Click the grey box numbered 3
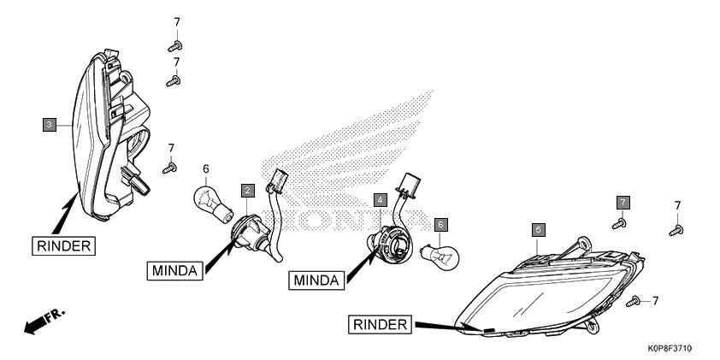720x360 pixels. point(50,125)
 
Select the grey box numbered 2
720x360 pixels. point(247,191)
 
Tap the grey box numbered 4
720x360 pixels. point(381,200)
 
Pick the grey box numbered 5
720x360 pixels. point(539,230)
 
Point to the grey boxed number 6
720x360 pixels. point(441,225)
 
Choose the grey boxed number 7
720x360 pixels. point(623,202)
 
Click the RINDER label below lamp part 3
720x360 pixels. point(64,246)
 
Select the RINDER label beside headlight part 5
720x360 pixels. point(381,325)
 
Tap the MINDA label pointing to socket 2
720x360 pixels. point(174,270)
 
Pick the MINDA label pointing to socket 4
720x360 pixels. point(316,280)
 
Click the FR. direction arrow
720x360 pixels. point(44,322)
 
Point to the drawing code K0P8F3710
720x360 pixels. point(670,349)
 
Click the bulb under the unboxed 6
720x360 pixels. point(214,204)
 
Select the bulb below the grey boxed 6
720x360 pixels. point(440,257)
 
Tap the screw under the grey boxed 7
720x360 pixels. point(619,224)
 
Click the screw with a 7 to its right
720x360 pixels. point(634,301)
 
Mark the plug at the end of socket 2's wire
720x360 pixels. point(278,181)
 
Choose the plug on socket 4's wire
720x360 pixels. point(406,185)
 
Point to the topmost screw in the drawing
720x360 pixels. point(174,46)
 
